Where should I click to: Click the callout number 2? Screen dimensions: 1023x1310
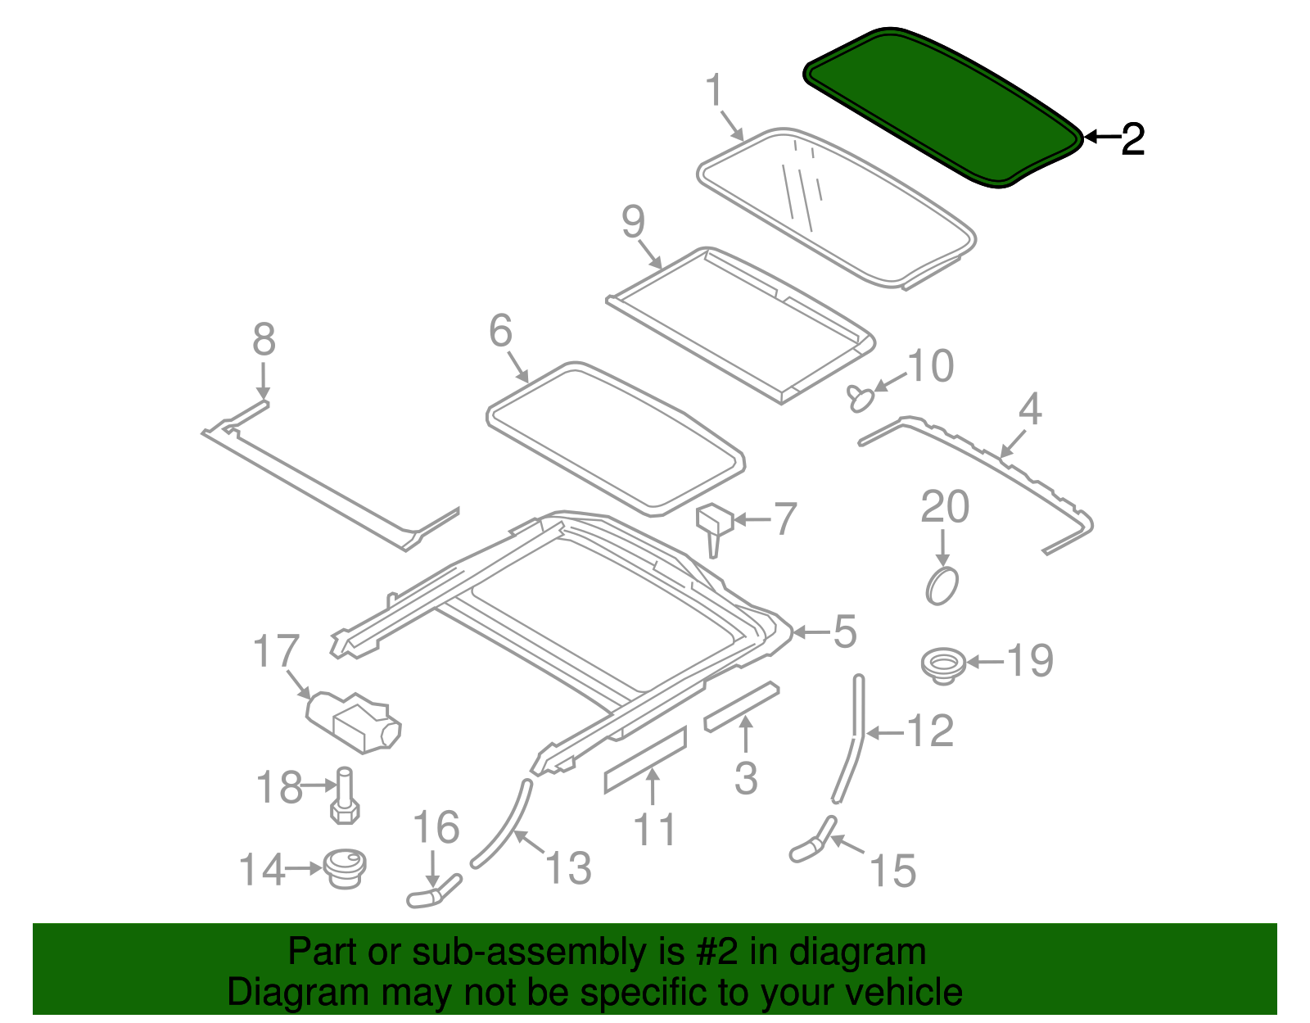[x=1132, y=139]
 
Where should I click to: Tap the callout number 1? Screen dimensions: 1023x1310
[x=715, y=90]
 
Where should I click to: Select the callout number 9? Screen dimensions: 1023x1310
[x=633, y=222]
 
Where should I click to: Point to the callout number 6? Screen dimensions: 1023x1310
[x=500, y=331]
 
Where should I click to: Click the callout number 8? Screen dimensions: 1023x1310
[x=264, y=339]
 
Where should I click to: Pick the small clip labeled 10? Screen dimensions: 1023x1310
[x=860, y=398]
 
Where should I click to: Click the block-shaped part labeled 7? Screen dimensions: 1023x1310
[x=712, y=522]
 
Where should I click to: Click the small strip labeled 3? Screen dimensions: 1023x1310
[x=741, y=706]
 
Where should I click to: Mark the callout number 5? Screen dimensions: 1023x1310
[x=844, y=631]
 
